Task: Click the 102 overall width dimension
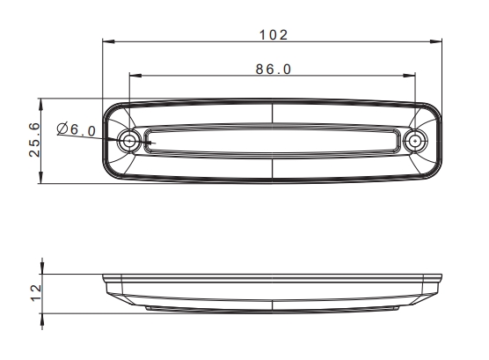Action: [274, 34]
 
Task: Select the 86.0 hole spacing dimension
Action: [274, 69]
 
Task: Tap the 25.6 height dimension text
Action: [34, 140]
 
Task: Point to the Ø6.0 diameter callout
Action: [77, 129]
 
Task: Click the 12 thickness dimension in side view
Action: [36, 293]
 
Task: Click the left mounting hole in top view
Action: [128, 141]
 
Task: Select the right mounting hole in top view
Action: [415, 141]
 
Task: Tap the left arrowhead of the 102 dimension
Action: [108, 41]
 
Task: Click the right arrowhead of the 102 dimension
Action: [435, 41]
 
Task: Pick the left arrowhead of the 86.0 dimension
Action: [135, 75]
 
